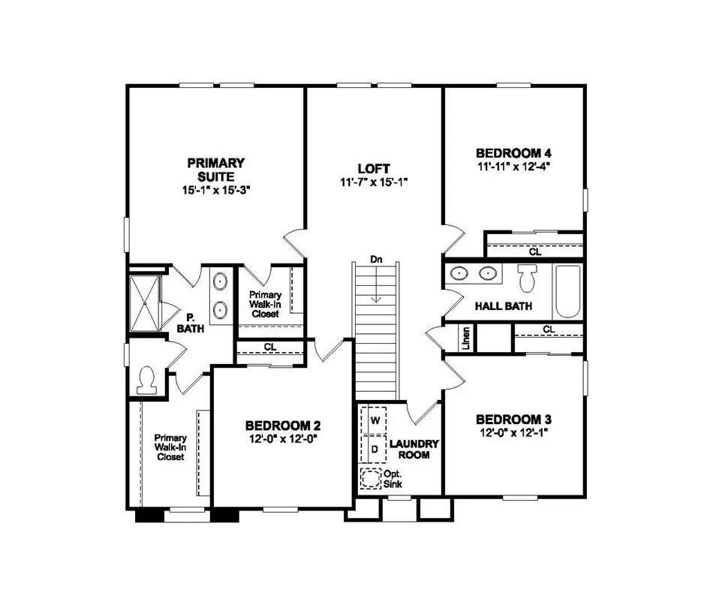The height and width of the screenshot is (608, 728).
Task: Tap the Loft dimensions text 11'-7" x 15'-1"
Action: (373, 182)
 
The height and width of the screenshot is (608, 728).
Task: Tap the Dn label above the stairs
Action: (377, 260)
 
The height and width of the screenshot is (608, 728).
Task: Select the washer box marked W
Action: (373, 416)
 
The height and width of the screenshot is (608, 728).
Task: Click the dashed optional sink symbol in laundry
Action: (371, 478)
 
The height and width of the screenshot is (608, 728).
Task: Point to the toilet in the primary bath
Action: (147, 378)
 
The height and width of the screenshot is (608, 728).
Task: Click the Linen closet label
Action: (466, 339)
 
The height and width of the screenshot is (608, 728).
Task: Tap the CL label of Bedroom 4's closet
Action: (534, 252)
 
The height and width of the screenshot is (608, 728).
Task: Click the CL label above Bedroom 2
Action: (269, 347)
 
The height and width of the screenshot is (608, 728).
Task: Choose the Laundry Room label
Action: (414, 449)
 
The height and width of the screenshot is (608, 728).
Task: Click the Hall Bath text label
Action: (504, 306)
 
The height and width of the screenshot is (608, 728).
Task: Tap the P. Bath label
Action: (191, 324)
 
